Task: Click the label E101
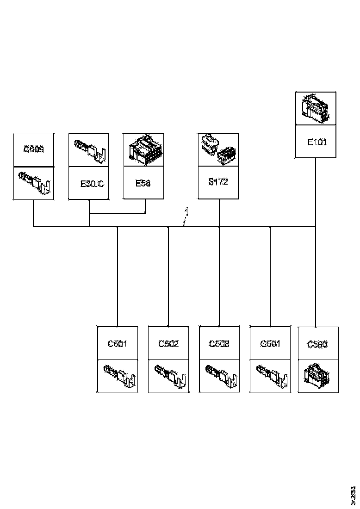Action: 317,142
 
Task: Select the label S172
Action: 218,182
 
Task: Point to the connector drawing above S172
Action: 218,149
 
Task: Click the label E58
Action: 143,183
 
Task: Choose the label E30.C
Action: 92,183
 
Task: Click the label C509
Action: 34,149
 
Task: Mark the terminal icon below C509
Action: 34,183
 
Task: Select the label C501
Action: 118,344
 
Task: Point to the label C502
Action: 168,344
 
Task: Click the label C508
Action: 219,344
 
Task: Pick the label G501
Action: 270,344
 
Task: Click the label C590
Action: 318,344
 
